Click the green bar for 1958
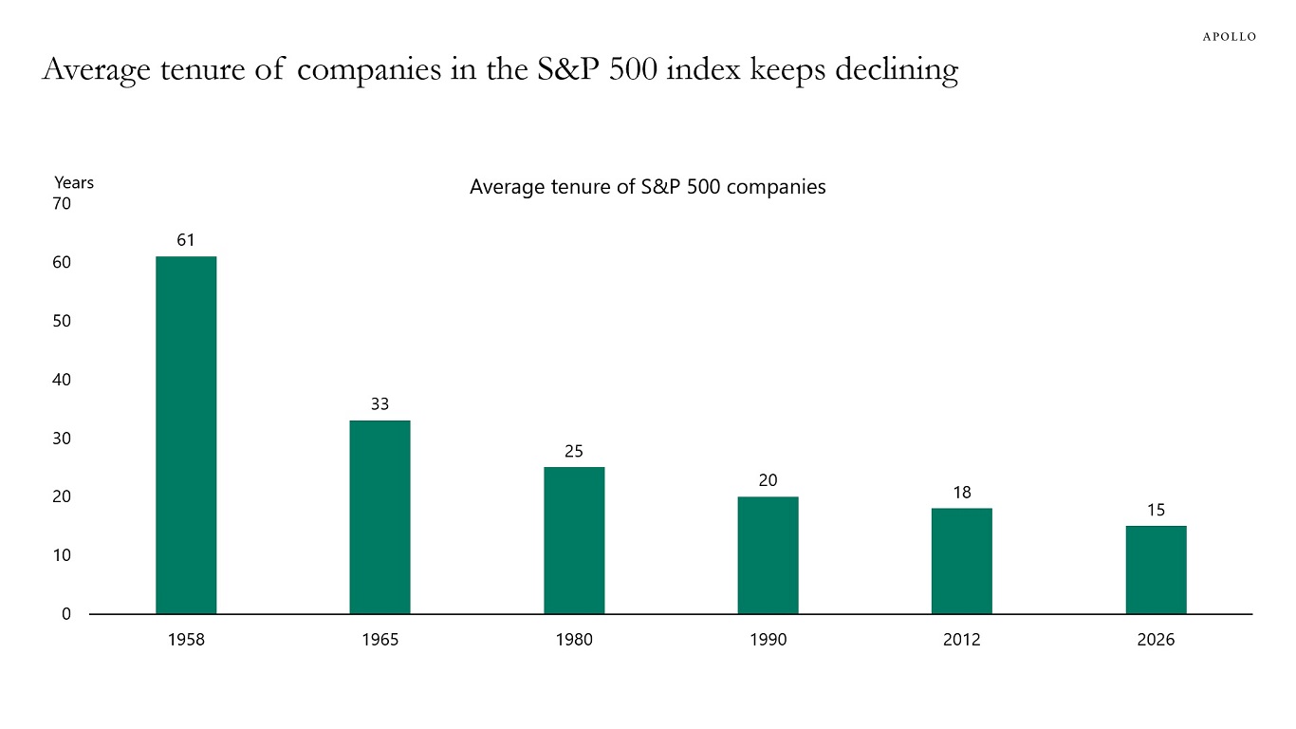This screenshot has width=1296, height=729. point(186,435)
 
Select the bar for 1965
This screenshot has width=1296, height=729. point(380,517)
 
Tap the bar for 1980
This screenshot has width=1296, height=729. point(574,540)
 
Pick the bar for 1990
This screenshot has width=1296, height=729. point(768,555)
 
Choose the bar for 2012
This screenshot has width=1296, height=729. point(961,561)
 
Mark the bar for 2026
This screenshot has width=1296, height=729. point(1156,570)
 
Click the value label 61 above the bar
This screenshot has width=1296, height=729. point(186,240)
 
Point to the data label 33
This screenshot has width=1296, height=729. point(380,404)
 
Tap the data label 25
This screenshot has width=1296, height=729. point(574,451)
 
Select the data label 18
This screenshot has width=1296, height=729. point(961,493)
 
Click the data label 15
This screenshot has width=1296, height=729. point(1156,510)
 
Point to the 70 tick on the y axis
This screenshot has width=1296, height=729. point(61,203)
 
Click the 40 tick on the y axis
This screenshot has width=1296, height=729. point(61,380)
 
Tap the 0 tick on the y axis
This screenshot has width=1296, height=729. point(65,614)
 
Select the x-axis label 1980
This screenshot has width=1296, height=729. point(574,640)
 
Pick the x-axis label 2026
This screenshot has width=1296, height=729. point(1156,640)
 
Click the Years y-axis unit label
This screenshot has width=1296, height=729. point(74,183)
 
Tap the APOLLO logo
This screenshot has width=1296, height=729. point(1229,36)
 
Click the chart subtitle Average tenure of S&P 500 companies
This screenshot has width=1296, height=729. point(647,187)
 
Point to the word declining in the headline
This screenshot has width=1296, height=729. point(898,71)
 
